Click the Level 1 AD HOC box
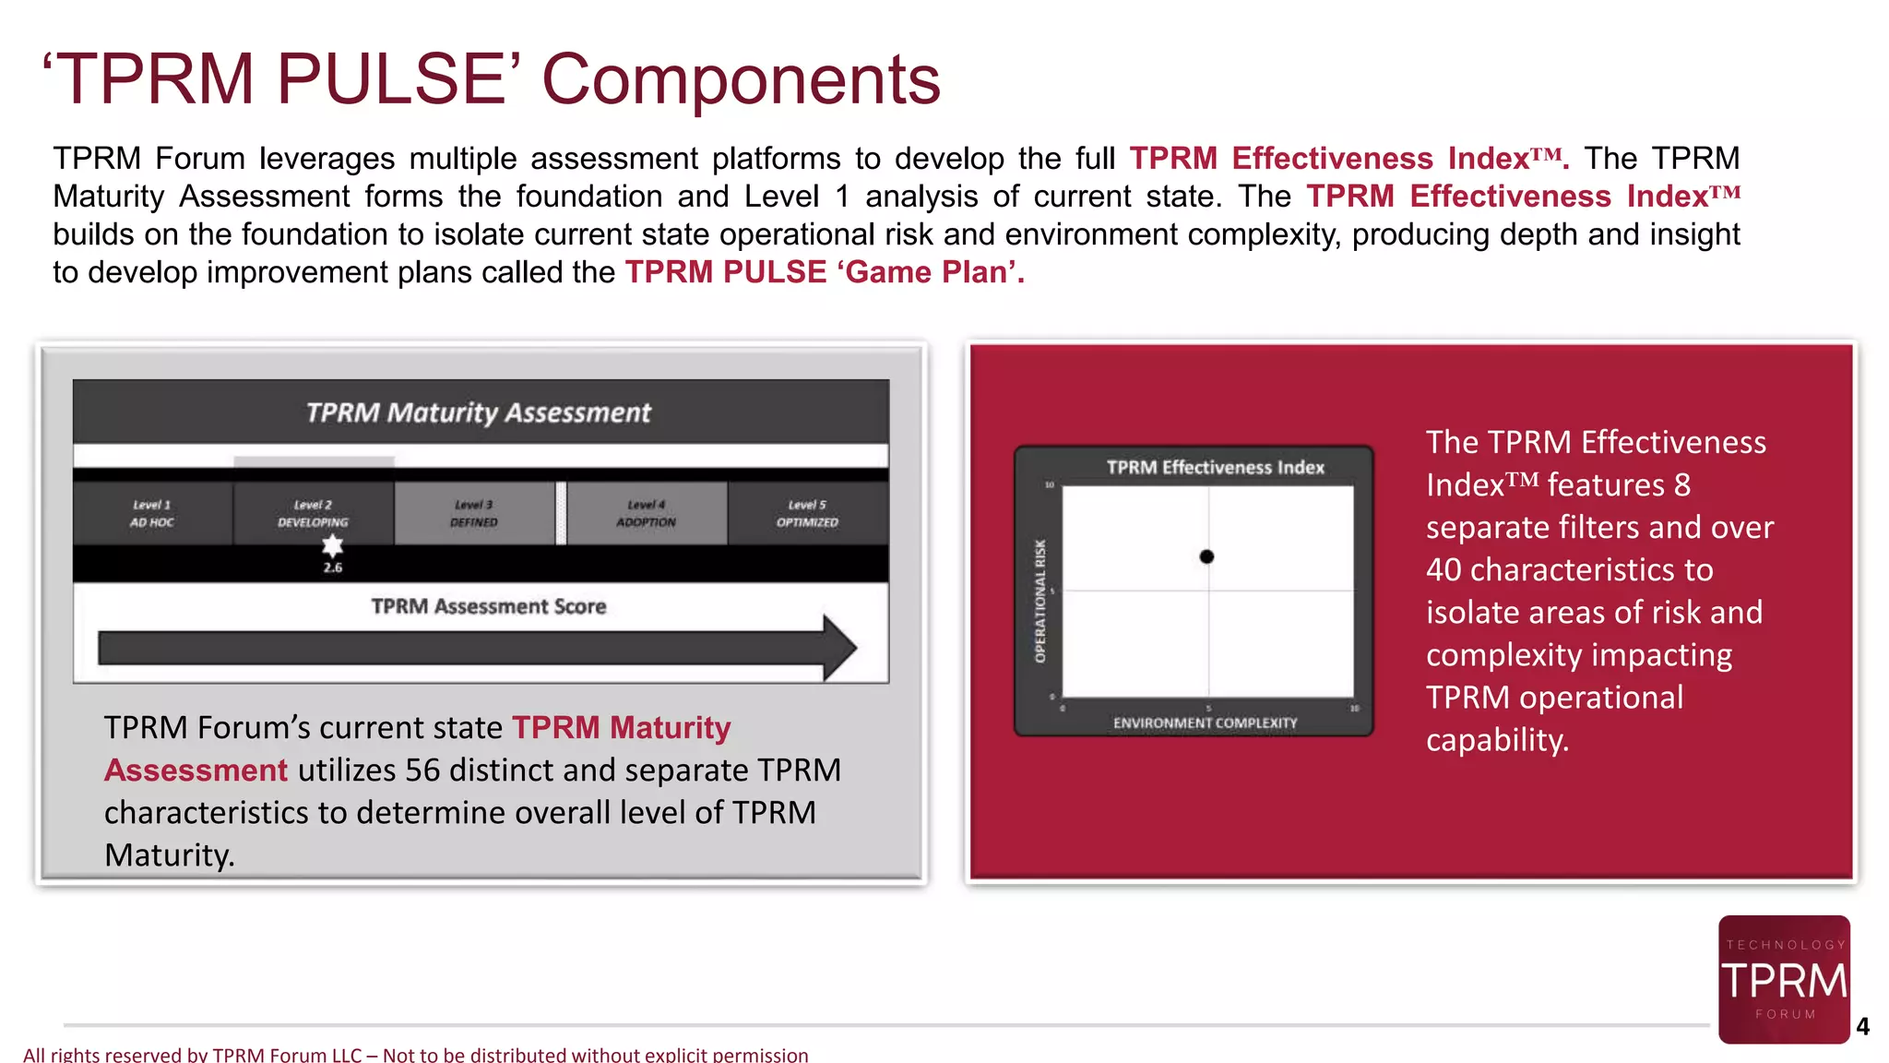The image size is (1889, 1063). (x=152, y=513)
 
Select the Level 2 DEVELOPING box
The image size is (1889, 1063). (x=313, y=513)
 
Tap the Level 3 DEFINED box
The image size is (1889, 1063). (x=474, y=513)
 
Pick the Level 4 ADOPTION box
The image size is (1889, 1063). (x=646, y=513)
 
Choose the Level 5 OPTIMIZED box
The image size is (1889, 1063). (x=807, y=513)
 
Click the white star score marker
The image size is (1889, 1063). (x=332, y=545)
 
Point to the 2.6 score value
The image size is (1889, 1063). (x=333, y=567)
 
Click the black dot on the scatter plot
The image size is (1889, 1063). (x=1206, y=556)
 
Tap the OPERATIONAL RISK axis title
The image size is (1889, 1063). (x=1040, y=601)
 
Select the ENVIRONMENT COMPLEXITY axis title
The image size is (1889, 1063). (x=1205, y=723)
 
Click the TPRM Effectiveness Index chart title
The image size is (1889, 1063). (x=1215, y=468)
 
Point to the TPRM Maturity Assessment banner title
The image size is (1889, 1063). (x=479, y=412)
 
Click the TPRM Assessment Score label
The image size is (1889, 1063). (x=488, y=606)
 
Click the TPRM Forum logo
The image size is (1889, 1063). (x=1784, y=979)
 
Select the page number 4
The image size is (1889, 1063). (x=1862, y=1027)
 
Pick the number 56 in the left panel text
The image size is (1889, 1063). (x=422, y=770)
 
